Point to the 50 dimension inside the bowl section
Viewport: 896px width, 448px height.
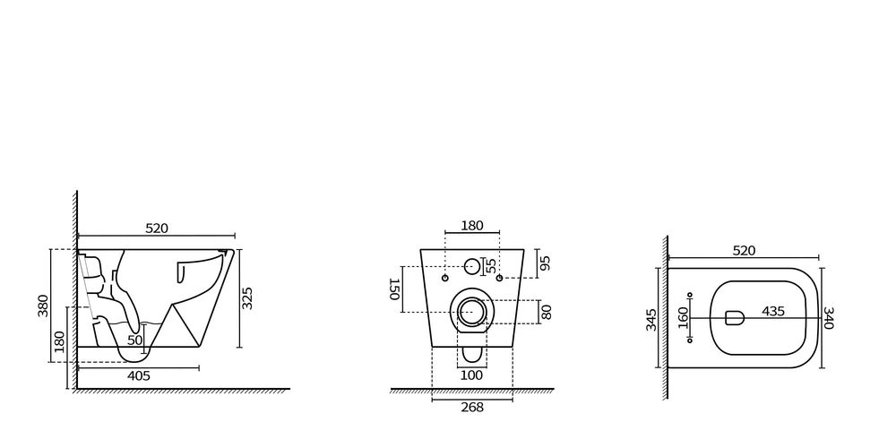tap(134, 340)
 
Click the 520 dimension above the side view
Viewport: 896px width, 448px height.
tap(157, 229)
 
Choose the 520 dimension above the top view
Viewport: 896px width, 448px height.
tap(744, 251)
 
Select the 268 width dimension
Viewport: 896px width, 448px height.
tap(472, 407)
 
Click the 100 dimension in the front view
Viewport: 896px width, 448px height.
tap(472, 375)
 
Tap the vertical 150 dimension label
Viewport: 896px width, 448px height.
tap(393, 289)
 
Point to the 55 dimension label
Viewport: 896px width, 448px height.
tap(490, 266)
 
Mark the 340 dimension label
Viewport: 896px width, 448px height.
tap(828, 316)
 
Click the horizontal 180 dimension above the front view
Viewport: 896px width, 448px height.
tap(472, 226)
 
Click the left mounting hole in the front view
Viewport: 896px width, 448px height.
tap(445, 277)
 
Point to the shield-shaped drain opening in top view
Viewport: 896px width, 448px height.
tap(734, 317)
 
